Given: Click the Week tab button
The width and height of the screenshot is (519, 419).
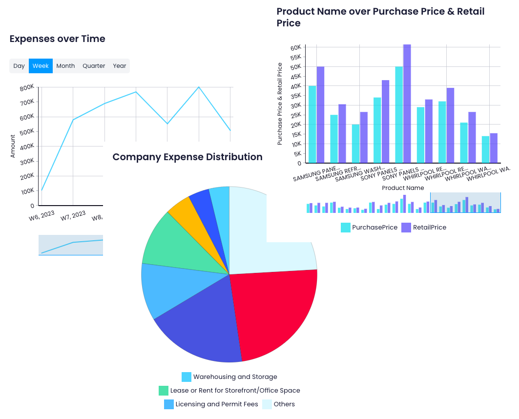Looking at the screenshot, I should click(41, 66).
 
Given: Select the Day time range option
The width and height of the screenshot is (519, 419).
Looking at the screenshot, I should click(19, 66).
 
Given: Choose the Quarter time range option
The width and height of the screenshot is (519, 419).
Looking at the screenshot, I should click(94, 66).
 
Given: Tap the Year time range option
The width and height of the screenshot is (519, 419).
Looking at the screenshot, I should click(120, 66).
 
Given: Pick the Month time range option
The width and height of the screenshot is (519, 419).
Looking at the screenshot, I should click(65, 66).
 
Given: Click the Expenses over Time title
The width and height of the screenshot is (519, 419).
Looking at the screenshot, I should click(57, 39).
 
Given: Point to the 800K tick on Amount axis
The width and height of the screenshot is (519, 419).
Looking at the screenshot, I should click(27, 87).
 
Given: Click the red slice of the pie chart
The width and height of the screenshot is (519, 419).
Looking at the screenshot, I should click(273, 313).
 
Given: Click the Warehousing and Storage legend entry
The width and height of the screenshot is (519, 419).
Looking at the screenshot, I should click(229, 377).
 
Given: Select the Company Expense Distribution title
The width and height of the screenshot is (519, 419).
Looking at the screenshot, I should click(187, 157).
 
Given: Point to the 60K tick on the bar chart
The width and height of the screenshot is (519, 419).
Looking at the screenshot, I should click(295, 48).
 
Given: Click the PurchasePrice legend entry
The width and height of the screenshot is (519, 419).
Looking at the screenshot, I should click(369, 228).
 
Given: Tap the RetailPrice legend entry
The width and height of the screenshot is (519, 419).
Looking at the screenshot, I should click(424, 228).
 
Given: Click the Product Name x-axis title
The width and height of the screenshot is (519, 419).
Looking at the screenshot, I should click(403, 188).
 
